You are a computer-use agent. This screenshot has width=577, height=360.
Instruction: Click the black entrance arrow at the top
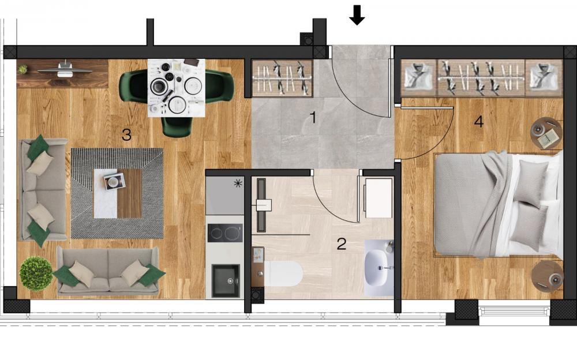[x=357, y=15]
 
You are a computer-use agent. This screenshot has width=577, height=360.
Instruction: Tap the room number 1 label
[x=313, y=118]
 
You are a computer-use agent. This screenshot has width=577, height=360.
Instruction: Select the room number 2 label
[x=342, y=243]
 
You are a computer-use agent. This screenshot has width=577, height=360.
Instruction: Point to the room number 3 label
[x=126, y=135]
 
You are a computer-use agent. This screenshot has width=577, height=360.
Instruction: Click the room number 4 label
[x=478, y=121]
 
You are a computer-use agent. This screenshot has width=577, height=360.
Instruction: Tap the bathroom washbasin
[x=378, y=267]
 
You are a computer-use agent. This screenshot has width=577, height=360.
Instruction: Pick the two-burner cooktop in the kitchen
[x=225, y=233]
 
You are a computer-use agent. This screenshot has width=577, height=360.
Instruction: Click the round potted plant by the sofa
[x=36, y=273]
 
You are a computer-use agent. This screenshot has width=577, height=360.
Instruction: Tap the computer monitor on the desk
[x=65, y=70]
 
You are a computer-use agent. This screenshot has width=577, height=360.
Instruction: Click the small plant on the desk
[x=23, y=69]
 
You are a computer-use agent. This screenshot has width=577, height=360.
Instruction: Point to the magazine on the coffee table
[x=114, y=181]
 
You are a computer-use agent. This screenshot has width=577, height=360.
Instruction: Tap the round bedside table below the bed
[x=547, y=276]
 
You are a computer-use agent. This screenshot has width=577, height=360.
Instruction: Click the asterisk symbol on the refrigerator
[x=238, y=183]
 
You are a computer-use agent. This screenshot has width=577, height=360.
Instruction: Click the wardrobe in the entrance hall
[x=282, y=78]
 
